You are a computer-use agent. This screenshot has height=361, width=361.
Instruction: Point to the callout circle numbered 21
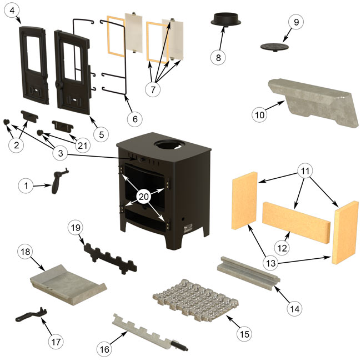pos(82,146)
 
